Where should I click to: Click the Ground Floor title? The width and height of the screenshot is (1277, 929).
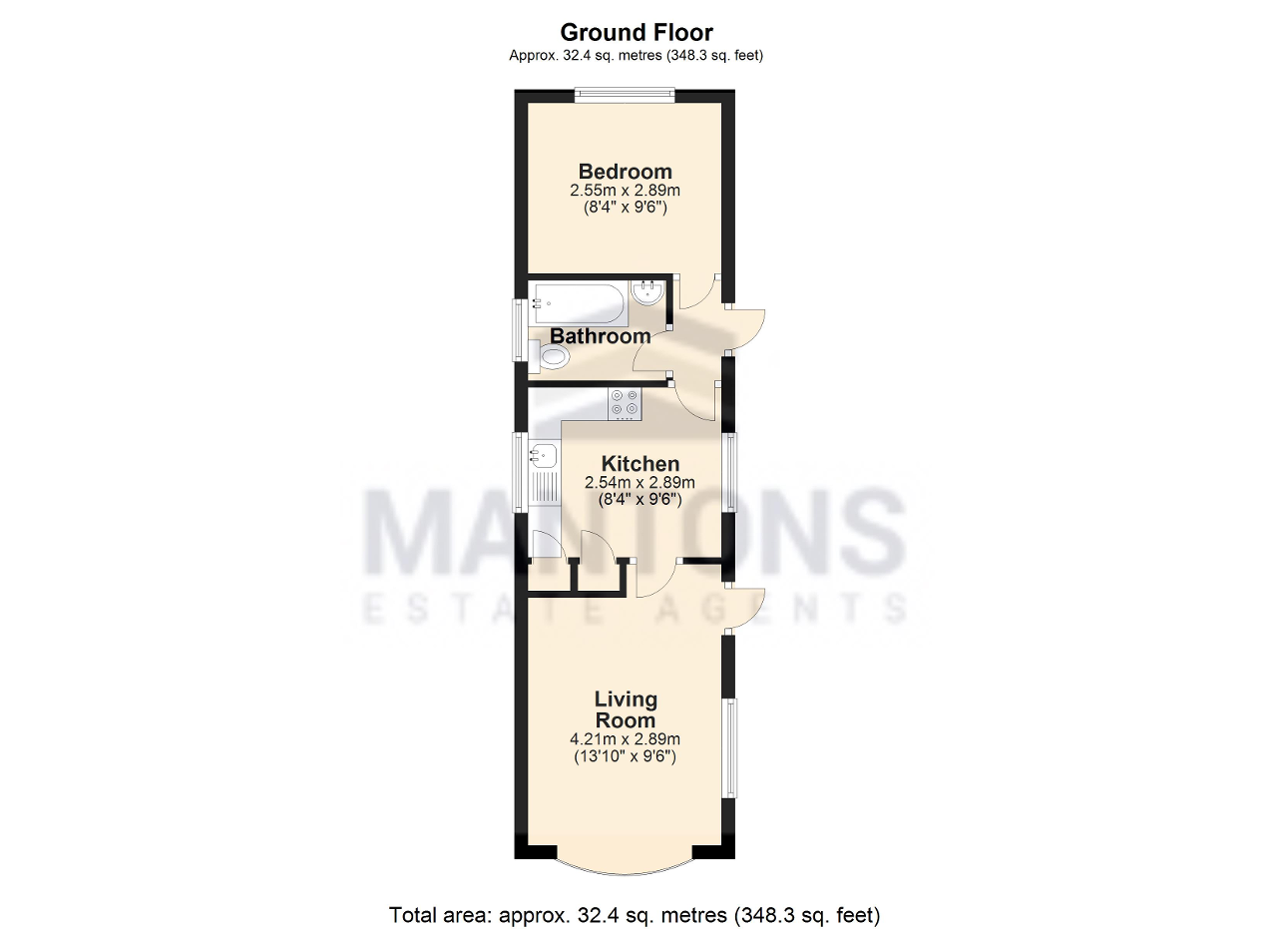(637, 33)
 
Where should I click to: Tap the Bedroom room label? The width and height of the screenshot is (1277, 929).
(625, 171)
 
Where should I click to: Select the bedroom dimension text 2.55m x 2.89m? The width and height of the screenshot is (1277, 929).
(625, 190)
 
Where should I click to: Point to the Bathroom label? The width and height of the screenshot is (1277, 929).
(600, 336)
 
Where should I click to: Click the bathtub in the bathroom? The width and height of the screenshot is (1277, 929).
(579, 303)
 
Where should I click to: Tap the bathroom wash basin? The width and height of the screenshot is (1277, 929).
(648, 292)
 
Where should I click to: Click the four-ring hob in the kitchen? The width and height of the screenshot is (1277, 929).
(625, 404)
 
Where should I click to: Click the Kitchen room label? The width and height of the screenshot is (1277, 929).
(640, 464)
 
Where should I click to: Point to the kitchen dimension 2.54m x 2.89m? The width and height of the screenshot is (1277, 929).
(639, 483)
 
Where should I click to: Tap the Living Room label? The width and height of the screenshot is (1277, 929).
(626, 709)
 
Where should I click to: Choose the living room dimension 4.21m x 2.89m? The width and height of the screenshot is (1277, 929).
(625, 739)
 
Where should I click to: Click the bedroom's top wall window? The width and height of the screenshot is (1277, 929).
(625, 95)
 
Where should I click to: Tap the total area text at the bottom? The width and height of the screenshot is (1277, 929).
(635, 915)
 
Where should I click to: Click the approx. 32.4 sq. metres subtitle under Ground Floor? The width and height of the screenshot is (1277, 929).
(636, 55)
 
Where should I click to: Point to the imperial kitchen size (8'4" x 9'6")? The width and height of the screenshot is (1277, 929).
(639, 500)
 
